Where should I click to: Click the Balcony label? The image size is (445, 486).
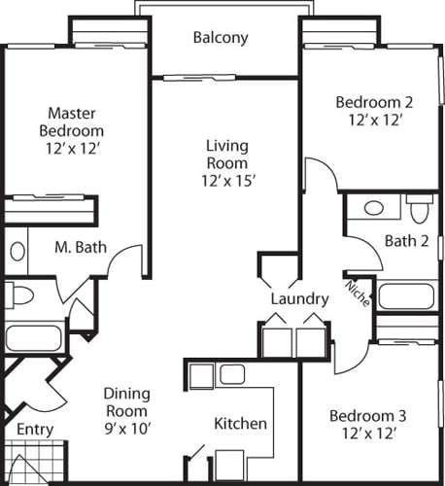pos(221,39)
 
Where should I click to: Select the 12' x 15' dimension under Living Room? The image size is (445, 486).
pos(225,181)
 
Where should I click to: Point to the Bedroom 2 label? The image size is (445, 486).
pos(368,102)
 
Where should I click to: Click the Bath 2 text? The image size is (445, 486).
pos(406,240)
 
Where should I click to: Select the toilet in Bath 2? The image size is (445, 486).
pos(420,211)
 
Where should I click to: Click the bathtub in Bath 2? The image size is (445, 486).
pos(408,295)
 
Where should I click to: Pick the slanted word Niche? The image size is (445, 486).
pos(357,292)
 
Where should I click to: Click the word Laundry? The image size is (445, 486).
pos(299,298)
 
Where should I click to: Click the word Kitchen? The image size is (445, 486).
pos(240,424)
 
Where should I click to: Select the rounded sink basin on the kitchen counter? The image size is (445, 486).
pos(231,373)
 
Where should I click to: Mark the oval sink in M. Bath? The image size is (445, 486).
pos(17,251)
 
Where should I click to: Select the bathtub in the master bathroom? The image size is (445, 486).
pos(35,338)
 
